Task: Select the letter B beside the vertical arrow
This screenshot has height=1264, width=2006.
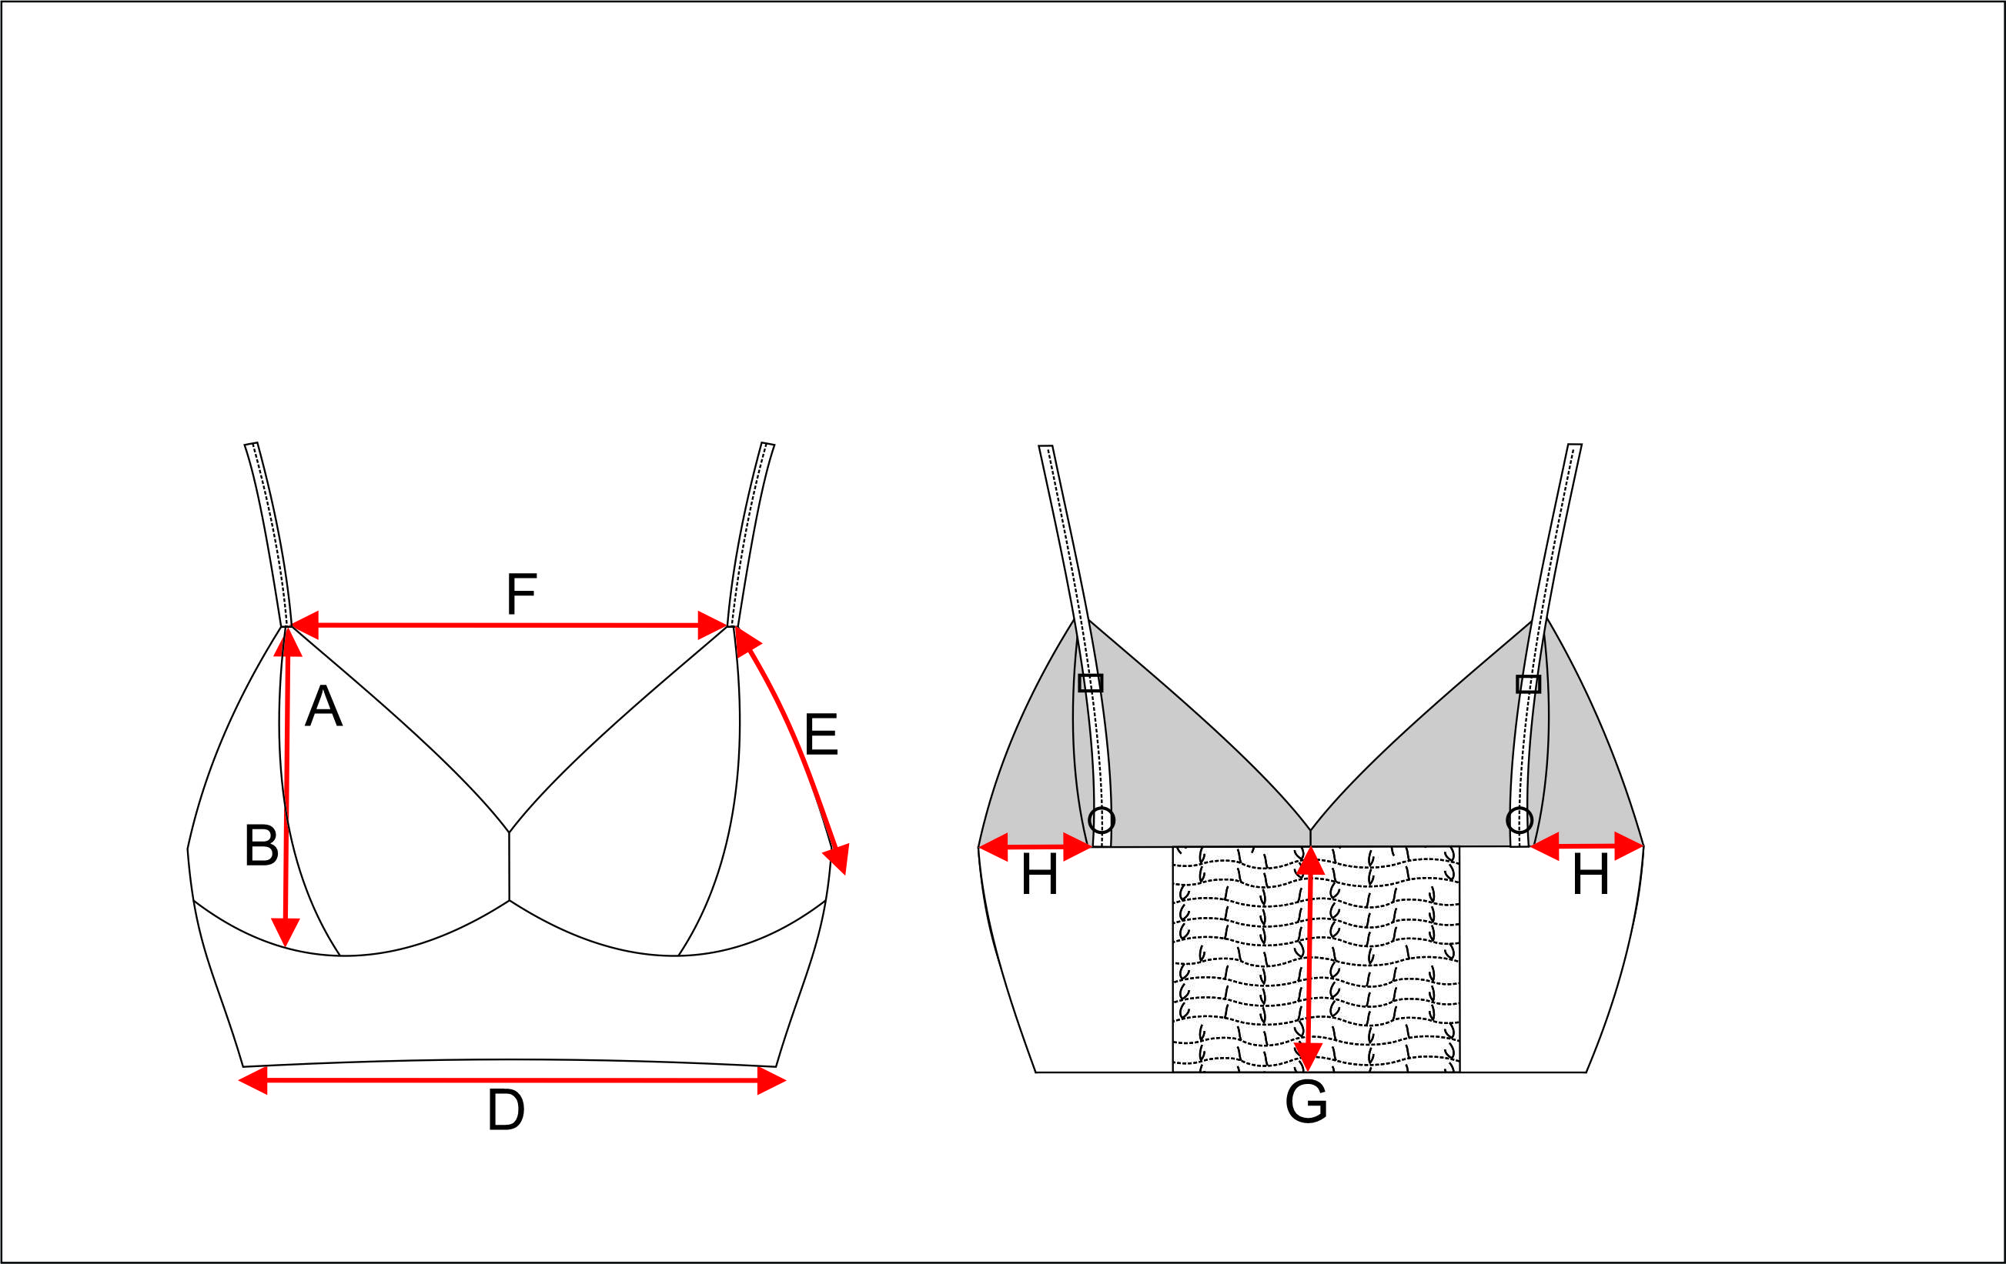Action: click(x=261, y=845)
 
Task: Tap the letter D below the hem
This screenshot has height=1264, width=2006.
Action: click(x=506, y=1110)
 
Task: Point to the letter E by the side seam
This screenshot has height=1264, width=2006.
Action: click(x=821, y=735)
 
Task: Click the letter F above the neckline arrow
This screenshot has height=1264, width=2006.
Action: click(x=521, y=594)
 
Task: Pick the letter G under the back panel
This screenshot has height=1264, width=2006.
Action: click(x=1306, y=1102)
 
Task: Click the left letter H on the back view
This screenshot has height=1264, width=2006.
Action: click(x=1039, y=875)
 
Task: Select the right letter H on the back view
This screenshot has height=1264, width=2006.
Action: click(x=1590, y=875)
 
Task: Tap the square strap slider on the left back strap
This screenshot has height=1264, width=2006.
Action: click(x=1091, y=683)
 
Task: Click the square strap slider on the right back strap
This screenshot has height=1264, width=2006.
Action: click(x=1528, y=684)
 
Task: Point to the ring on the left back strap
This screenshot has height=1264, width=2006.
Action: click(x=1102, y=820)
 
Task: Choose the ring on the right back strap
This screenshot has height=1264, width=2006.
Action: click(x=1520, y=820)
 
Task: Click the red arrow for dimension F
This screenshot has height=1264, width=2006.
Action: click(x=508, y=625)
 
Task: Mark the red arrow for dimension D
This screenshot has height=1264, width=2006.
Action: click(x=511, y=1081)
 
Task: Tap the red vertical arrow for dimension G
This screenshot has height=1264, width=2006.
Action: click(x=1309, y=958)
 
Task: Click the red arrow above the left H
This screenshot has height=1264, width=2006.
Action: click(x=1035, y=847)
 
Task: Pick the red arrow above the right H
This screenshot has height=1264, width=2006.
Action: click(x=1587, y=846)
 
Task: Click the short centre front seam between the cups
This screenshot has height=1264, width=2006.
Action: click(x=509, y=866)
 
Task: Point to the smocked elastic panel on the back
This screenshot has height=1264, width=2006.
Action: click(x=1382, y=958)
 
